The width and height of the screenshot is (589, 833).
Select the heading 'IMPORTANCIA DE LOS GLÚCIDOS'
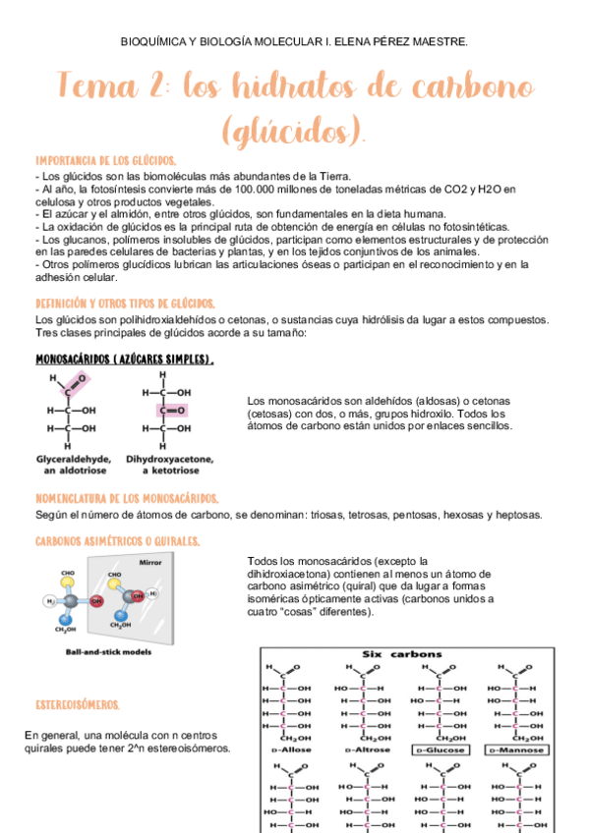[x=105, y=160]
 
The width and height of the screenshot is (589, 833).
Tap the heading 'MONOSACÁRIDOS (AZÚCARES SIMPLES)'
[x=124, y=360]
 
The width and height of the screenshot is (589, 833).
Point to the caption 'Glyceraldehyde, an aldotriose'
[x=74, y=465]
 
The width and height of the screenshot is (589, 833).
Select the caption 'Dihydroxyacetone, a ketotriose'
[x=173, y=465]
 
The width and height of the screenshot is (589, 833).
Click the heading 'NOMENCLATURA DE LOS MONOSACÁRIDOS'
[x=127, y=498]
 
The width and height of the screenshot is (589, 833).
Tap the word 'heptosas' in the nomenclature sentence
[x=516, y=515]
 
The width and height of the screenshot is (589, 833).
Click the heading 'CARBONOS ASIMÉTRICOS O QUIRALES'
[x=117, y=541]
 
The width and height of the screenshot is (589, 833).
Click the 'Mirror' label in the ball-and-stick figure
[x=149, y=562]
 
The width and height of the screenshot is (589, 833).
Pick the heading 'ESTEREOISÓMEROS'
[x=77, y=705]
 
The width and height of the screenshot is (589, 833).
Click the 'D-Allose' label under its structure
[x=287, y=750]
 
